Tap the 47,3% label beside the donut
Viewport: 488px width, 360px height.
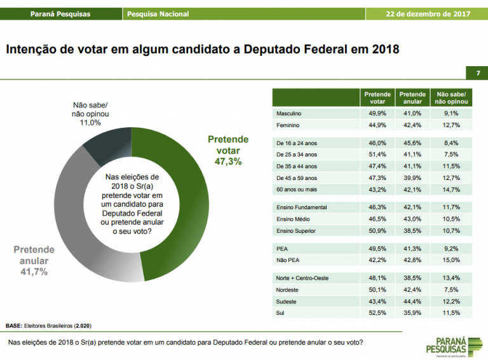click(x=228, y=162)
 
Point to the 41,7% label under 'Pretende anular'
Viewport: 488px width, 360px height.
click(x=34, y=272)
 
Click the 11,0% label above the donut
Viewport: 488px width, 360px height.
click(x=90, y=123)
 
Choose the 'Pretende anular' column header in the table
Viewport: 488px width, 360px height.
click(x=413, y=97)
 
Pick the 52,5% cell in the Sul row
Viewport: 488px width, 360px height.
click(x=377, y=313)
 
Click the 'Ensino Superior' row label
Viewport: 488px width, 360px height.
click(x=295, y=230)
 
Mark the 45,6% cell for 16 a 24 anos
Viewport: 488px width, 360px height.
click(x=413, y=143)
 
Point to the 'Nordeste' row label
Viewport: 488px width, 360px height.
click(x=288, y=289)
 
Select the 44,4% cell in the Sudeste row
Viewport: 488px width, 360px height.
click(x=413, y=301)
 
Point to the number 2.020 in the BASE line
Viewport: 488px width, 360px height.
click(x=83, y=325)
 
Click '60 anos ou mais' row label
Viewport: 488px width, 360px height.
click(x=296, y=190)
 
